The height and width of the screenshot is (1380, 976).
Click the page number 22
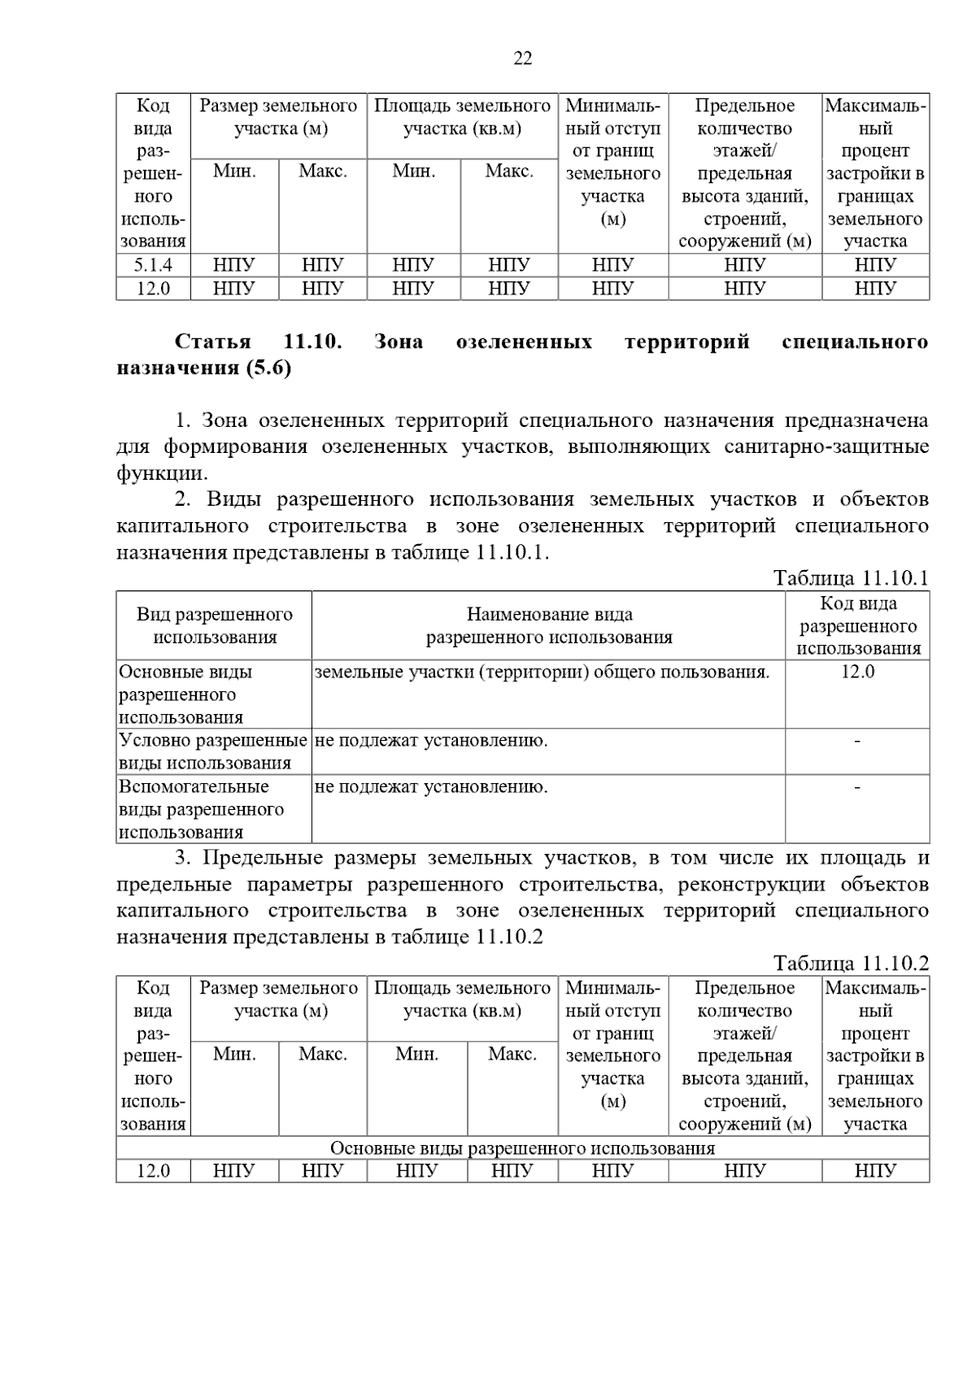523,58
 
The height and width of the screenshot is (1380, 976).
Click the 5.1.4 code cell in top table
153,265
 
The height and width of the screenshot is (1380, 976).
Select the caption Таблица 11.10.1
851,578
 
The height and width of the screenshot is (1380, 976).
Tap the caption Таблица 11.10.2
851,963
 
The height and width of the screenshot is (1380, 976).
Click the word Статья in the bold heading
213,342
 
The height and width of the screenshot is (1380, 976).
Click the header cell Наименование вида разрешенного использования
549,625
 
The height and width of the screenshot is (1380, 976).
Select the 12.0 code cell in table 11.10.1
858,672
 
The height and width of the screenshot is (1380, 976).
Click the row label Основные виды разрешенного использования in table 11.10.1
185,694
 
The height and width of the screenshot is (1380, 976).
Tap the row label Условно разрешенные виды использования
213,751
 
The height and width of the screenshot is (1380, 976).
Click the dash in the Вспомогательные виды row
858,787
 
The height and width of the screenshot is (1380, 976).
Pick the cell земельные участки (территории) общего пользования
542,672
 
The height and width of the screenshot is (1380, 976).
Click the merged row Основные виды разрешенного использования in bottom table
522,1147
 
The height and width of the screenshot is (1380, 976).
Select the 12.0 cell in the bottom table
153,1170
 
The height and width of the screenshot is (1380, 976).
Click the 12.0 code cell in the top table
153,289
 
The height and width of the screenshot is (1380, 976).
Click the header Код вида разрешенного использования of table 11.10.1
858,625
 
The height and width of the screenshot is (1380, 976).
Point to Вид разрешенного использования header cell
214,625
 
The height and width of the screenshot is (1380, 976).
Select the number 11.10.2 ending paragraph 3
509,937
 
